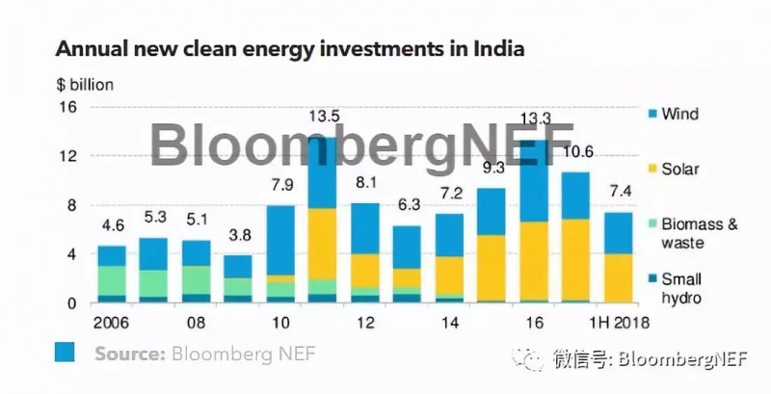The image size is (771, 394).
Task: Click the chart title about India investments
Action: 288,48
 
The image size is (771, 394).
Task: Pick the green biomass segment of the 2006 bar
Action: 111,279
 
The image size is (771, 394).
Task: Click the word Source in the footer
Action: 129,354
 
